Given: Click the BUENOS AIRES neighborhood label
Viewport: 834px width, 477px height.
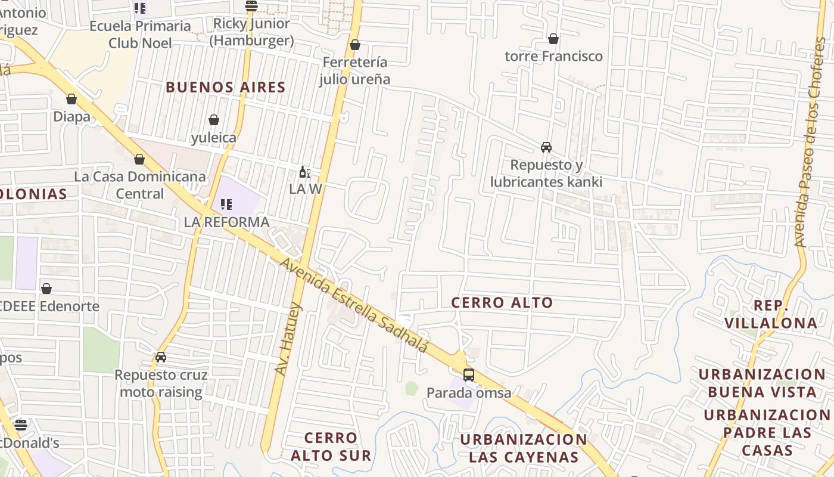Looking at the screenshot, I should pos(226,87).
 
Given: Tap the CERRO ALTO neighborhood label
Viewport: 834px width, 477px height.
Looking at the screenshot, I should pos(502,302).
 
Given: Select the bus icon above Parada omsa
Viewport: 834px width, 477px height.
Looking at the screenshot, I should pos(469,375).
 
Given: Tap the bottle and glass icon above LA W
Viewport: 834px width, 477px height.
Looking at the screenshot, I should pos(304,172).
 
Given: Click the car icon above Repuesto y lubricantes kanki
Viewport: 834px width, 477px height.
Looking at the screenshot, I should pos(546,147).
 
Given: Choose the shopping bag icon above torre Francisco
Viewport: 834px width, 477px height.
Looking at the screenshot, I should pos(553,39).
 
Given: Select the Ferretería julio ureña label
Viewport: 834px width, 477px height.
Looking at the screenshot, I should pos(354,70).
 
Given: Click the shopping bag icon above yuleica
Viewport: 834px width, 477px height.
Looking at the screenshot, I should pos(213,120).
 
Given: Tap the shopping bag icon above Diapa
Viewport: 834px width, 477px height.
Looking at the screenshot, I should pos(71,99).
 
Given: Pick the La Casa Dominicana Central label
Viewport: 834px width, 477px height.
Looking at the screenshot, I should pos(139,185).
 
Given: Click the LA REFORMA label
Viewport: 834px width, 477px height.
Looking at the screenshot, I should pos(227,222).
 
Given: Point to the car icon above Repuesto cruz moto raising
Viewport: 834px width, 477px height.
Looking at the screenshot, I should pos(161,357).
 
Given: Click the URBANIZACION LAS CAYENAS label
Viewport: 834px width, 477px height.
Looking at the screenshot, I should pos(524,448).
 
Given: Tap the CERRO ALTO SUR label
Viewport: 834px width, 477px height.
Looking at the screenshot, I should pos(331,447).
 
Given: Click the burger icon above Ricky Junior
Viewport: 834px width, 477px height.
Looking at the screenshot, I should pos(251,7).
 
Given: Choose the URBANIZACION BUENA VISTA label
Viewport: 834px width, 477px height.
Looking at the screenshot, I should pos(762,383).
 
